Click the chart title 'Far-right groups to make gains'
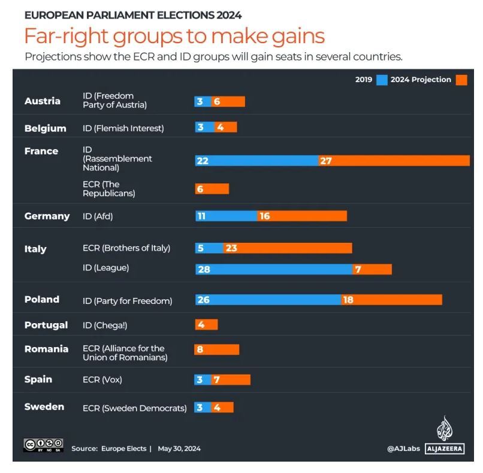[174, 37]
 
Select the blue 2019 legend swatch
[382, 80]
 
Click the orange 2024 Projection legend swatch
[461, 80]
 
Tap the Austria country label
[42, 101]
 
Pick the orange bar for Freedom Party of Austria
[227, 101]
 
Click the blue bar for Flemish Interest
[201, 127]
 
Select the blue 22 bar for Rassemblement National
[256, 161]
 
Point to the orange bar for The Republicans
[212, 189]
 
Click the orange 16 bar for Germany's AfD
[301, 216]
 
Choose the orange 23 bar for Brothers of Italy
[288, 248]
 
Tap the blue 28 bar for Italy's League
[273, 269]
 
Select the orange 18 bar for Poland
[391, 300]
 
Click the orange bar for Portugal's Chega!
[206, 325]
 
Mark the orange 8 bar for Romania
[217, 350]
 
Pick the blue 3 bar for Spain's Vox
[201, 379]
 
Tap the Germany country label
[47, 216]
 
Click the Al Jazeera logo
[444, 436]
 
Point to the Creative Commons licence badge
[43, 445]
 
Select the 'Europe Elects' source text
[123, 448]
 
